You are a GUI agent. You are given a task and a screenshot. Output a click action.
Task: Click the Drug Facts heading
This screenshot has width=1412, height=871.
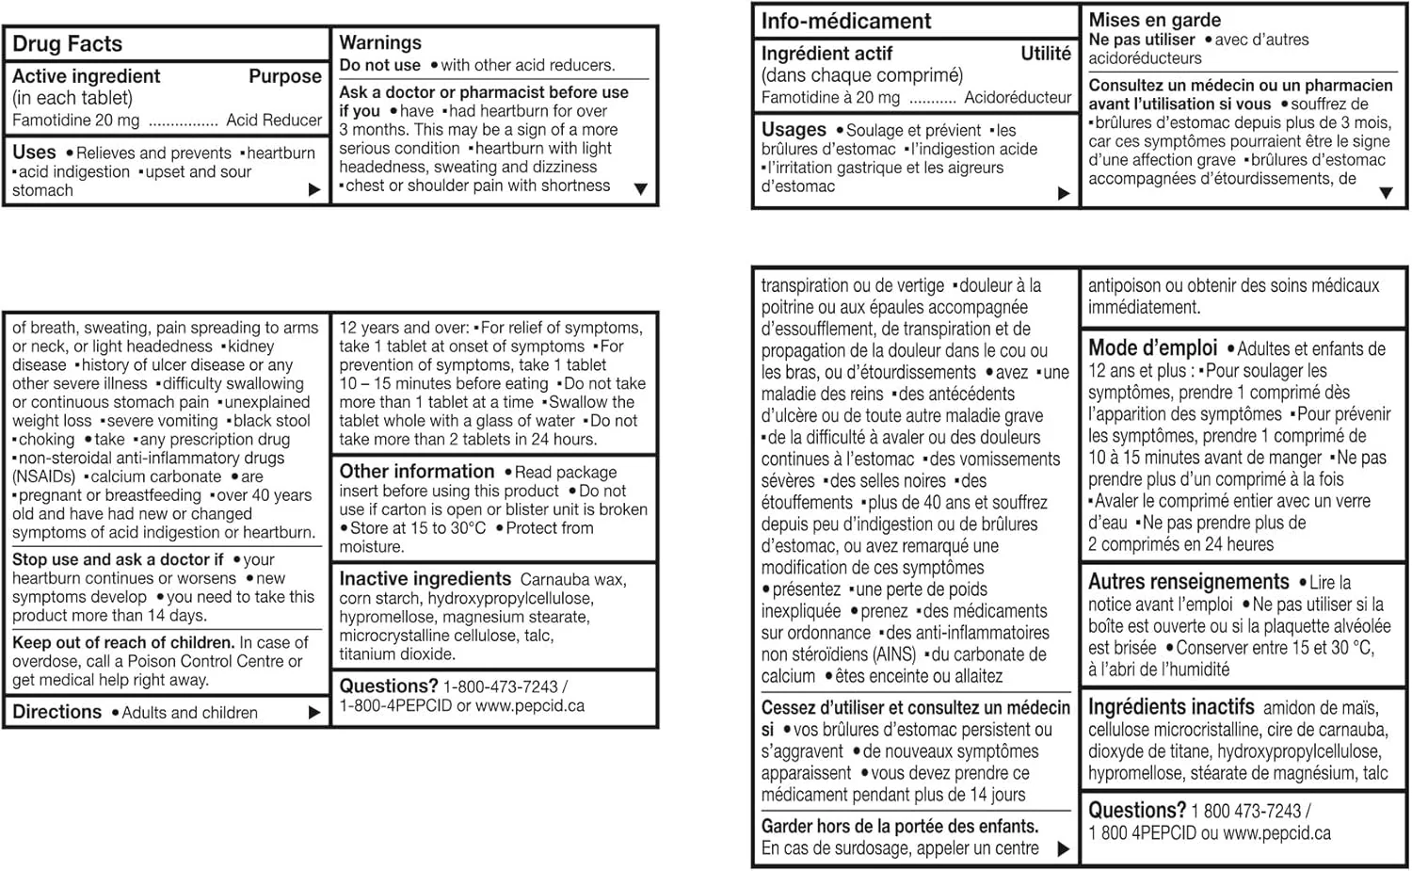coord(67,44)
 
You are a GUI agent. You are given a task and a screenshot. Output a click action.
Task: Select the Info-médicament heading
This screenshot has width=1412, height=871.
coord(845,21)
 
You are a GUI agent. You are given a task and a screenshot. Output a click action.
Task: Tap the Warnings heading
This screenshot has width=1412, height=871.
coord(380,42)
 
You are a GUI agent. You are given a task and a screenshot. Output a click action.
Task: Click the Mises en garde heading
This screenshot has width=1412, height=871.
coord(1154,20)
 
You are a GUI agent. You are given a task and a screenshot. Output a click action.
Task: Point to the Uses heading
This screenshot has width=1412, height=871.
coord(34,153)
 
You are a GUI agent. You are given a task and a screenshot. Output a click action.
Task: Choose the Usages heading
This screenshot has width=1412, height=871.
coord(794,130)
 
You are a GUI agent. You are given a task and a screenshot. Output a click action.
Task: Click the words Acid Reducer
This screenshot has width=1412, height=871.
coord(274,121)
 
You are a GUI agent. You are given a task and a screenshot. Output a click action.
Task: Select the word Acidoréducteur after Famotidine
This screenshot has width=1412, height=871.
coord(1018,98)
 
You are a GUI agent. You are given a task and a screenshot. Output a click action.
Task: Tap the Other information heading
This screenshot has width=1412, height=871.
coord(416,472)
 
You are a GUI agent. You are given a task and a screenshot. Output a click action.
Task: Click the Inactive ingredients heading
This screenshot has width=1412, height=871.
coord(425,579)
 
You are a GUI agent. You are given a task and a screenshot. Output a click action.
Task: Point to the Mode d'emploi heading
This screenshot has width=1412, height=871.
coord(1152,348)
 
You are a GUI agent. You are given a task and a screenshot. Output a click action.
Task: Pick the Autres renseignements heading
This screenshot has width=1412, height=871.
coord(1188,582)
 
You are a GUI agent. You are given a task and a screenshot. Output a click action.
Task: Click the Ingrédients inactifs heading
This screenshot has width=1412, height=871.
coord(1171,707)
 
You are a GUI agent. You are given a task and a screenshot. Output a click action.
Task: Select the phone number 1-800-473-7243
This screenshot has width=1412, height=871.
coord(500,687)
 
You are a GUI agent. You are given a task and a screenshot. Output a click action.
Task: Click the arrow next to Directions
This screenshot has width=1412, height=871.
coord(314,713)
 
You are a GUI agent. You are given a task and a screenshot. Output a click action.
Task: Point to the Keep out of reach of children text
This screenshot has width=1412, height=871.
coord(122,643)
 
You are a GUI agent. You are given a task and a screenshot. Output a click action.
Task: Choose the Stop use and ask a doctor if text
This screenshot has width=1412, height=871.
coord(118,560)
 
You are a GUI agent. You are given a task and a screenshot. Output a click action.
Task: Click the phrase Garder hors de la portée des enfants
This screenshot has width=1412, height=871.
coord(899,827)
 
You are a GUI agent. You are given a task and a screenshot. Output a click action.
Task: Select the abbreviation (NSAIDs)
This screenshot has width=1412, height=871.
coord(45,476)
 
